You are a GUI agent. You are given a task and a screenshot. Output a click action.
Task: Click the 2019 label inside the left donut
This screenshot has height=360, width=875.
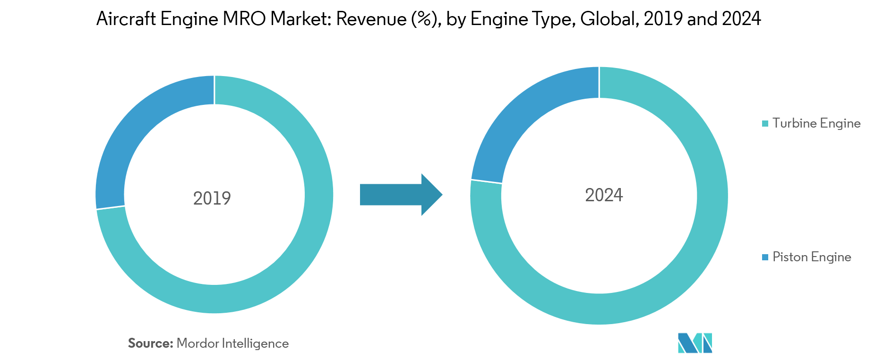[212, 198]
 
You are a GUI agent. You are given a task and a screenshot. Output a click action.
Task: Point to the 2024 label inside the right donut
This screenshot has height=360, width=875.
[604, 195]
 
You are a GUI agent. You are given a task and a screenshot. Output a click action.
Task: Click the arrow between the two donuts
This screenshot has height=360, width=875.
[401, 195]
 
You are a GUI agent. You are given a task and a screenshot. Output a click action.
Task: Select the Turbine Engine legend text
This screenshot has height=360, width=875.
[816, 123]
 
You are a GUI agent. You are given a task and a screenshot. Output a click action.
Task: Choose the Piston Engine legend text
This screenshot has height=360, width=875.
[812, 257]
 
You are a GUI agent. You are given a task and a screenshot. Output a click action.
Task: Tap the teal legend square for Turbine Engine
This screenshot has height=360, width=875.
[765, 124]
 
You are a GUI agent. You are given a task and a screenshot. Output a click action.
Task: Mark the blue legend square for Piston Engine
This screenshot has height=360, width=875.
[765, 257]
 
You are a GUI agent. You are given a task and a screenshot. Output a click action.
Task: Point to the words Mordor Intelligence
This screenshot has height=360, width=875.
[232, 343]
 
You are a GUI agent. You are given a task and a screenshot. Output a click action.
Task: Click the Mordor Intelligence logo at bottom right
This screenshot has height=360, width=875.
[695, 343]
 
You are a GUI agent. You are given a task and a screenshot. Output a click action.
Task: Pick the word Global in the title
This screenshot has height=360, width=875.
[609, 19]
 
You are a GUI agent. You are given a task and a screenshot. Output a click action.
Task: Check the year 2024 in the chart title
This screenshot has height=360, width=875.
[741, 19]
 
